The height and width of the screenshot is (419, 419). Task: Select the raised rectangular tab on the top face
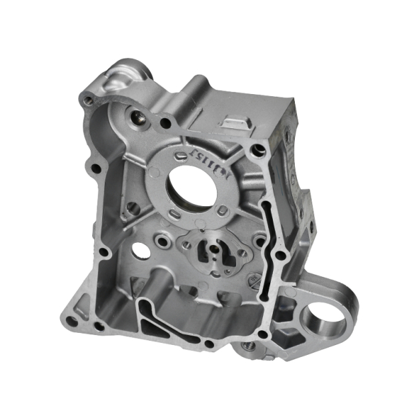pos(236,122)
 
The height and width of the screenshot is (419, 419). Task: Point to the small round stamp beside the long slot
pos(253,280)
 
